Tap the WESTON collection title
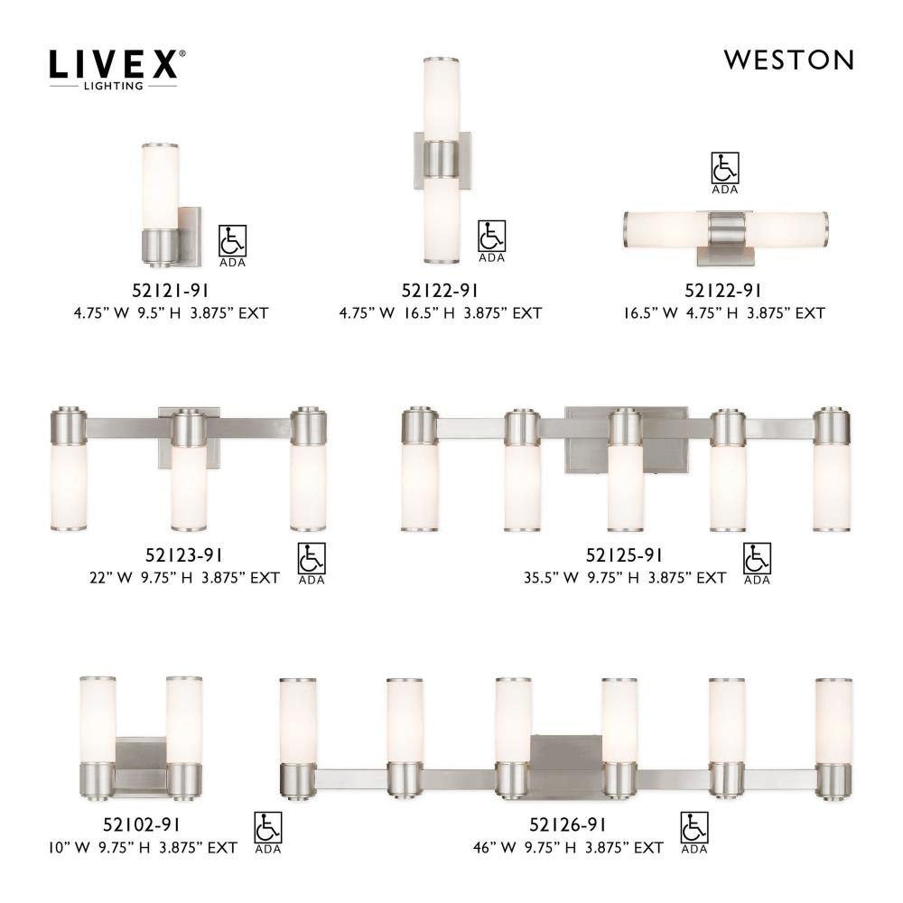tap(788, 60)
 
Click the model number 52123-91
tap(183, 554)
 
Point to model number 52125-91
tap(624, 554)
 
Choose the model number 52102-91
tap(141, 824)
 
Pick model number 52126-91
tap(568, 824)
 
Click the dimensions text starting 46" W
tap(568, 848)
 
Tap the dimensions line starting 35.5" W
tap(624, 578)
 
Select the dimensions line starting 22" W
tap(184, 578)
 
